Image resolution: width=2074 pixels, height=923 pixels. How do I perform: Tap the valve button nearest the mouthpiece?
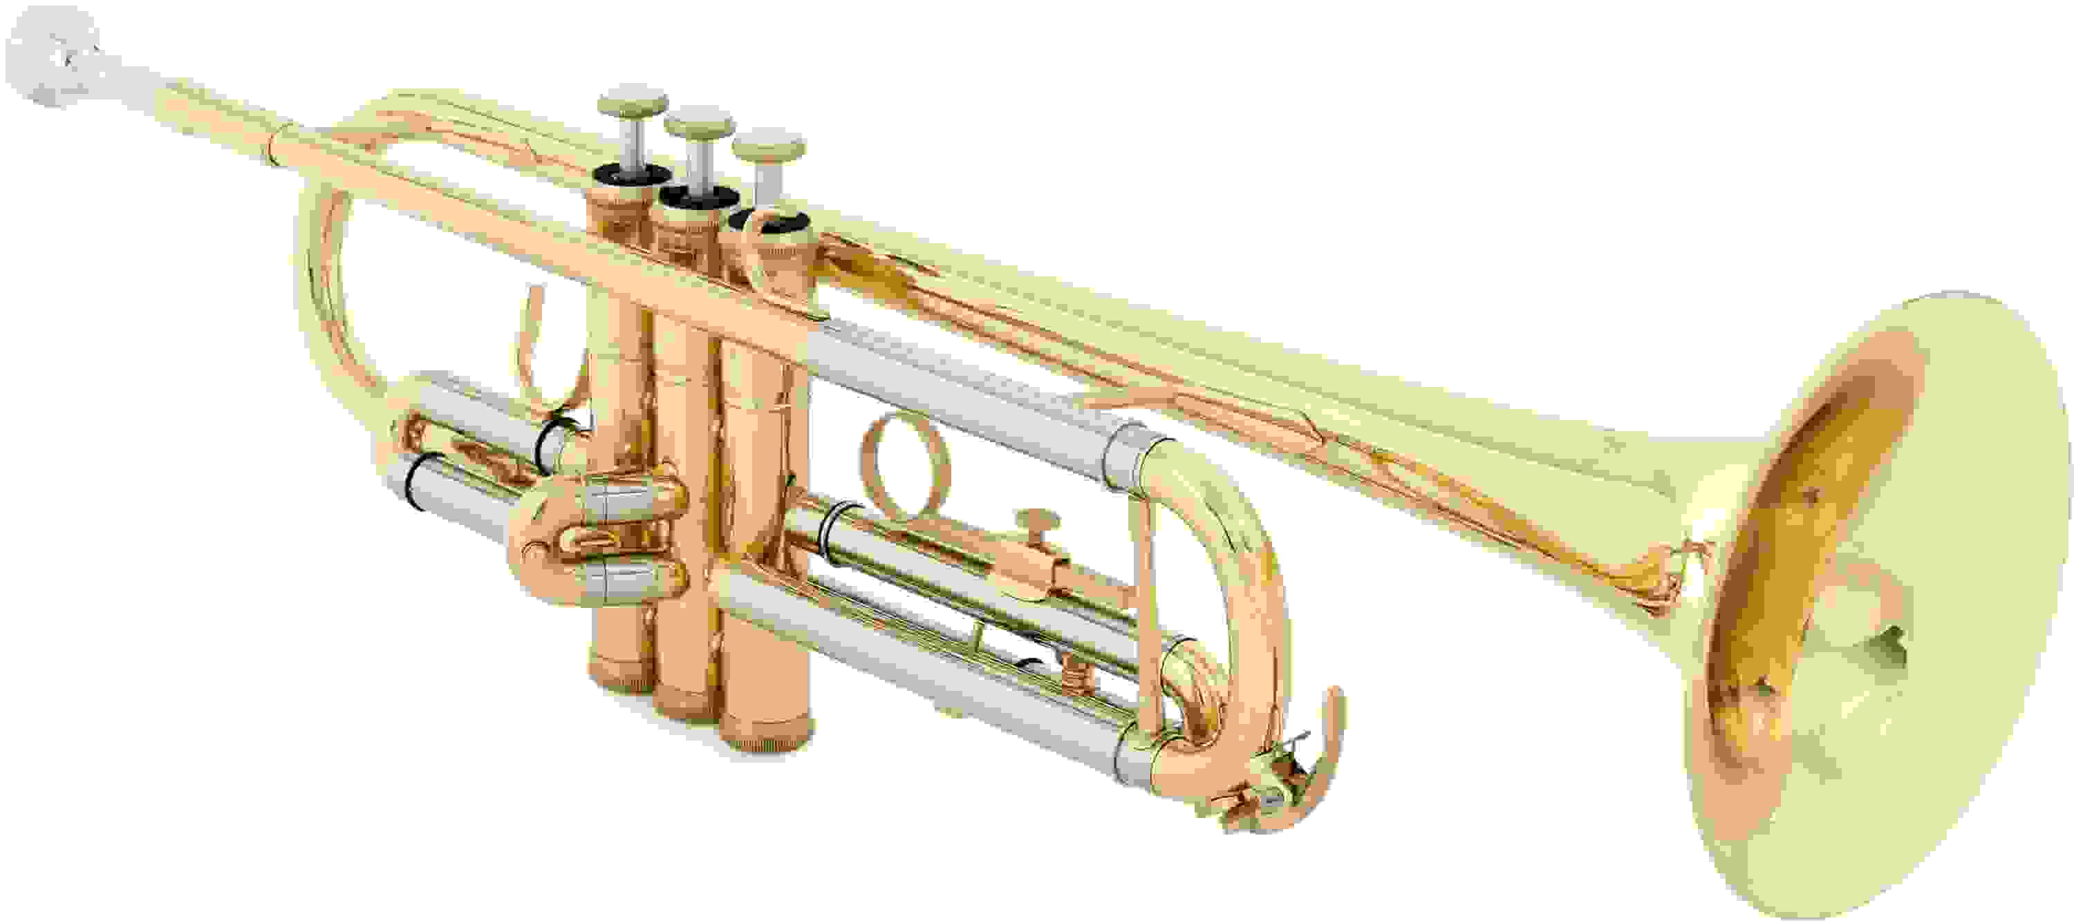[x=632, y=104]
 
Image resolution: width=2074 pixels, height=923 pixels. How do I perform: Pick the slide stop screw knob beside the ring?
[x=1036, y=521]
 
